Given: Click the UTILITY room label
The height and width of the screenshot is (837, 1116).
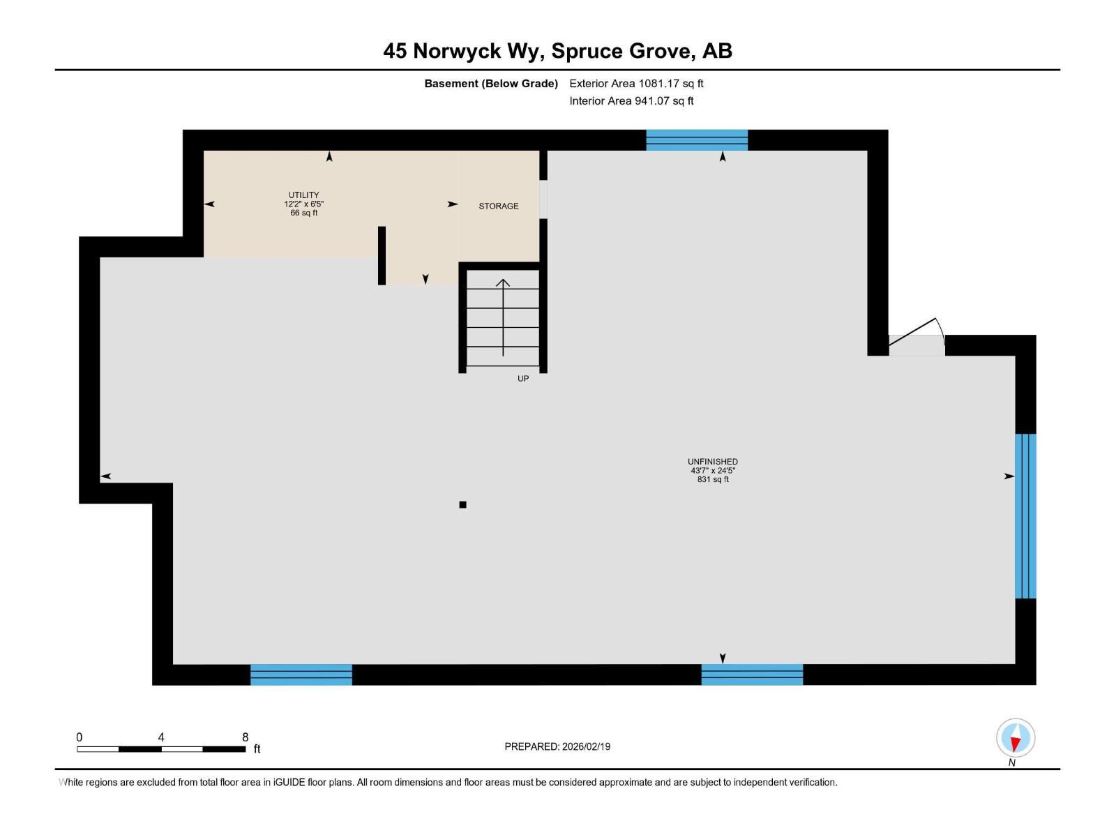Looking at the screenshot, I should [303, 195].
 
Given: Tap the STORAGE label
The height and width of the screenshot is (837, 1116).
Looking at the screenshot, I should [498, 206].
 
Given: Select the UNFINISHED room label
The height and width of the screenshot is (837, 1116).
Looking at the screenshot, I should [712, 462].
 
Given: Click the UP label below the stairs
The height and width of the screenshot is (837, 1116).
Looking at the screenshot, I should [523, 379].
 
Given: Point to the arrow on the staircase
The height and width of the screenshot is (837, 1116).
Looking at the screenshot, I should [503, 317].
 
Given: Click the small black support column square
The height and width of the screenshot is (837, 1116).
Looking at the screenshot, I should [462, 505].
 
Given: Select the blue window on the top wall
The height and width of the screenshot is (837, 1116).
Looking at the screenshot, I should [696, 140].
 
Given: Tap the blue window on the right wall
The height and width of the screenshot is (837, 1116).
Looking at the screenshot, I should [1025, 516].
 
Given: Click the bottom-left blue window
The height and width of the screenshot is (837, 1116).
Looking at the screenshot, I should [301, 674].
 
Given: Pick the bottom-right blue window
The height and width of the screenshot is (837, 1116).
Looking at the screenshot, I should [751, 674].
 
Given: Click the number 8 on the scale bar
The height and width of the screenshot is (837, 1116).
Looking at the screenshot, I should [245, 737].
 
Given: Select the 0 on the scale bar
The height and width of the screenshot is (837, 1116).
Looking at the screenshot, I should [80, 737].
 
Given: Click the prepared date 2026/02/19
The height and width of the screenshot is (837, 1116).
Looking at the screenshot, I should [586, 746].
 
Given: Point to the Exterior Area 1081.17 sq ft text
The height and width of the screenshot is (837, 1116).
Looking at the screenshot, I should [636, 84].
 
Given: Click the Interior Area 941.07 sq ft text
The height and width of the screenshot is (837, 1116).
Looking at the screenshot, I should [631, 101].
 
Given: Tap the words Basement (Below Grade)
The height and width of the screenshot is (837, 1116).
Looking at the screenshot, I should [491, 84].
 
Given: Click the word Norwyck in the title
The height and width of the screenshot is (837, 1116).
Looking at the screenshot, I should [457, 51].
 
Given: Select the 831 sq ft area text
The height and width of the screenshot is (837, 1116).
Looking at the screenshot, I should [712, 480].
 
